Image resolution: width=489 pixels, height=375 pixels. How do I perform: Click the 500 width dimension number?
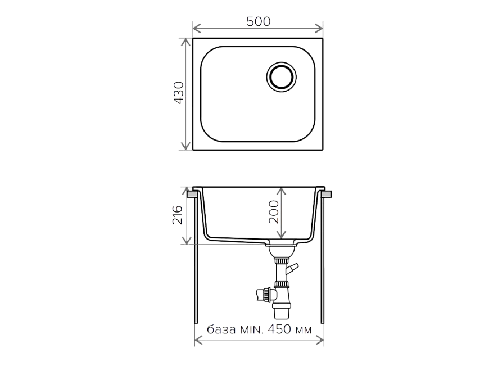[x=259, y=21]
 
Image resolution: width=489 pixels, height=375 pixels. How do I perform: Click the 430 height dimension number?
[x=179, y=93]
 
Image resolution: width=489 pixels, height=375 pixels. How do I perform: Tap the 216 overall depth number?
[x=177, y=215]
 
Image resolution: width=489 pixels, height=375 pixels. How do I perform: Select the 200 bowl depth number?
[x=274, y=212]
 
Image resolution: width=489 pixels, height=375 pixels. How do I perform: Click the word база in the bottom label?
[x=221, y=329]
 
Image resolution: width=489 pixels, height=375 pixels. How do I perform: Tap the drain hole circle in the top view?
[x=281, y=77]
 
